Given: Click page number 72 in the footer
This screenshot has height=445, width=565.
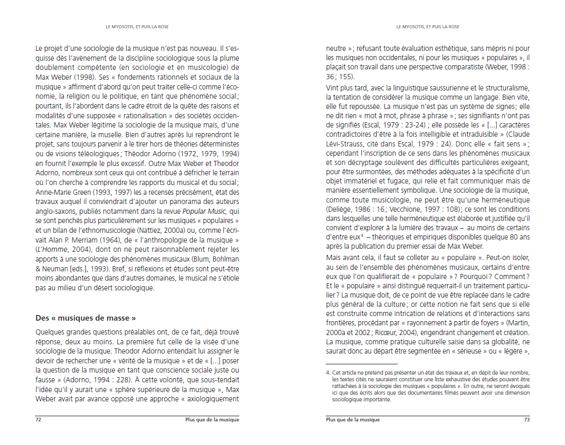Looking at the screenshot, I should click(x=38, y=419).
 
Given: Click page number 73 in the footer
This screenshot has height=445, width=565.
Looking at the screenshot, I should click(x=526, y=419).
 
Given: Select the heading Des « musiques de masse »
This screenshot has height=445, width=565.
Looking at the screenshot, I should click(x=85, y=318).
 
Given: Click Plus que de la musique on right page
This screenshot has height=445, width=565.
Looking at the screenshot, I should click(x=353, y=419).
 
